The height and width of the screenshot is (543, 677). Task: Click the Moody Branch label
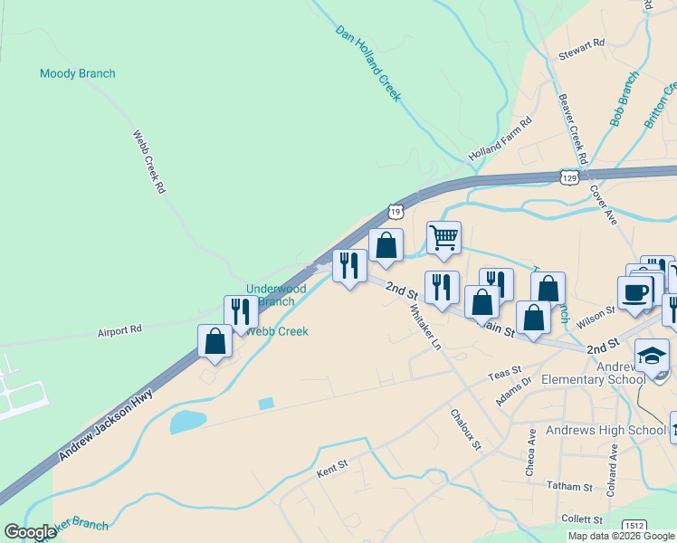(78, 73)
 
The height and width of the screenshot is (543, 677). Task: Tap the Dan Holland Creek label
(368, 62)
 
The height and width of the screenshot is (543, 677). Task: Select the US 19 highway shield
(396, 211)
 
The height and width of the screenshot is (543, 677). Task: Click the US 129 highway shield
(568, 177)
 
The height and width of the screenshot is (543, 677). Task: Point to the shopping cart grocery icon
(443, 237)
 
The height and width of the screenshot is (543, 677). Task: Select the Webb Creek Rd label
(150, 162)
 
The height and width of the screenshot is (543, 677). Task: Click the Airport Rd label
(120, 332)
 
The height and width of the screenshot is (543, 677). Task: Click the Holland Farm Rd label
(501, 140)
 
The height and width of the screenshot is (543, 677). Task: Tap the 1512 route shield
(634, 526)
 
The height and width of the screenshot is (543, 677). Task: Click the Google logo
(30, 532)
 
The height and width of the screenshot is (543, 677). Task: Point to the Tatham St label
(569, 487)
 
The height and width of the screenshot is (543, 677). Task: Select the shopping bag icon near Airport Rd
(215, 341)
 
